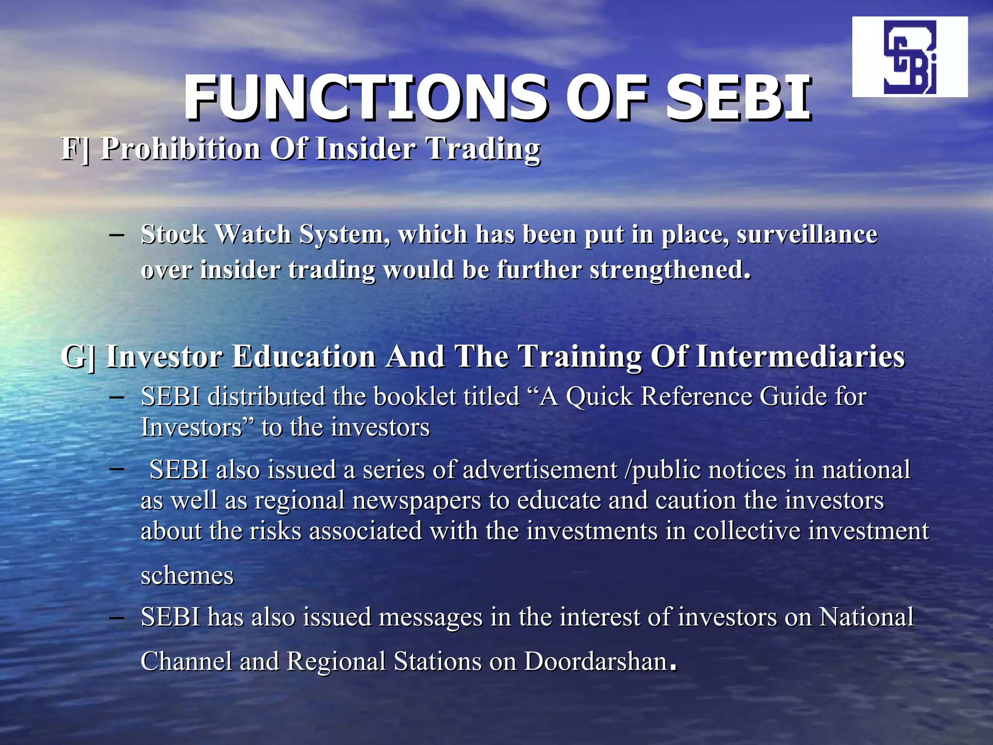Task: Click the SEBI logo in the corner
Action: coord(910,57)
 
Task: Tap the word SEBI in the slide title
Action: coord(738,98)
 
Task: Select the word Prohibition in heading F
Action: coord(181,148)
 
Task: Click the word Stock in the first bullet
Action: coord(174,235)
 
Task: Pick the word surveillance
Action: coord(807,235)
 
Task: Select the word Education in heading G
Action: coord(304,356)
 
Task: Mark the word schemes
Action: coord(187,576)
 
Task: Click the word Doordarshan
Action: coord(596,662)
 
